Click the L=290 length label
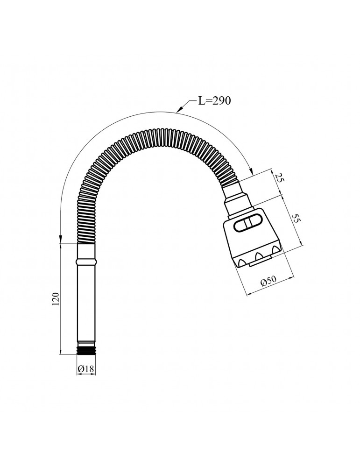point(214,101)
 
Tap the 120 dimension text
point(56,299)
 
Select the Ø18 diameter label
point(86,369)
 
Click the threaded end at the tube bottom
point(86,350)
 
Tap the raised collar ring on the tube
point(86,262)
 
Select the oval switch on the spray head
point(248,222)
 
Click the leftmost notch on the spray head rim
point(242,262)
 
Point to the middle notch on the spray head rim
point(258,255)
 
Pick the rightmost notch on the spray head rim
point(275,248)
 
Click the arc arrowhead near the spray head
point(251,171)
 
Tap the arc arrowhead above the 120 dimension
point(60,239)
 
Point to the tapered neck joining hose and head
point(239,199)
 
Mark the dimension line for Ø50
point(270,286)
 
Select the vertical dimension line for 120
point(60,299)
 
